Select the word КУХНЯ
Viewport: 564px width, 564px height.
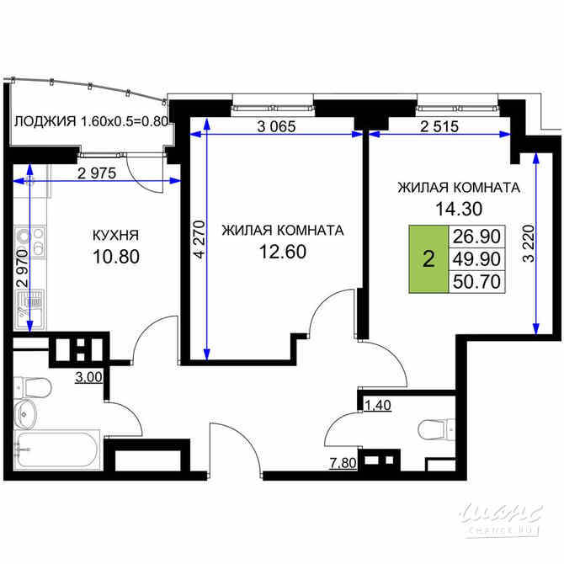[x=115, y=236]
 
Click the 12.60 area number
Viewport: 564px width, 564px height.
[x=282, y=250]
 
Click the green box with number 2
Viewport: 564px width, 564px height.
[x=428, y=259]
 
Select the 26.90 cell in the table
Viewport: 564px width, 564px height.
[x=476, y=237]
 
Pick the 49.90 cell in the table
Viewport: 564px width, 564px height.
[x=476, y=259]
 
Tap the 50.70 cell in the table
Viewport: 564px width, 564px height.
[x=476, y=282]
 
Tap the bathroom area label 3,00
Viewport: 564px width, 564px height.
[x=89, y=377]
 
